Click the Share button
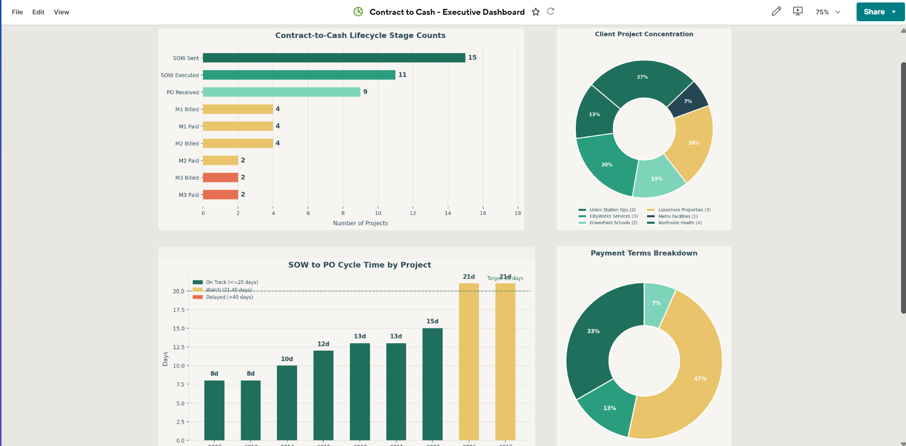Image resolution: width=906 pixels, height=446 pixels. [874, 12]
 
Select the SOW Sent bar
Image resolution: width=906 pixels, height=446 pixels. [334, 58]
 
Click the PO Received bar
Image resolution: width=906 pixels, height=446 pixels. [281, 92]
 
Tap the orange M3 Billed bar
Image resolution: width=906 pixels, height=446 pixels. [220, 177]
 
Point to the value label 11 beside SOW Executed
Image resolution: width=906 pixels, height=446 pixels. [402, 75]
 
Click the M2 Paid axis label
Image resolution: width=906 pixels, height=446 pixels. [189, 161]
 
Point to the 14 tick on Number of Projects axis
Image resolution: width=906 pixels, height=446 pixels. [448, 213]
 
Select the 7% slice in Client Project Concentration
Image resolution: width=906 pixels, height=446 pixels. [688, 101]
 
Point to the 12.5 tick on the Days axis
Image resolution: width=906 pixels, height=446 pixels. [178, 347]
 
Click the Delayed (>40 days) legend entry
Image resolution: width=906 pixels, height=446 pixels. [229, 297]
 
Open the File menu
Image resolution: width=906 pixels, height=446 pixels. [17, 12]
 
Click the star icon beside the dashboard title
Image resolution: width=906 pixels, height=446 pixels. [536, 12]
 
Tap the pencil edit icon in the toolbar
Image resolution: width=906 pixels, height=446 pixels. [776, 11]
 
